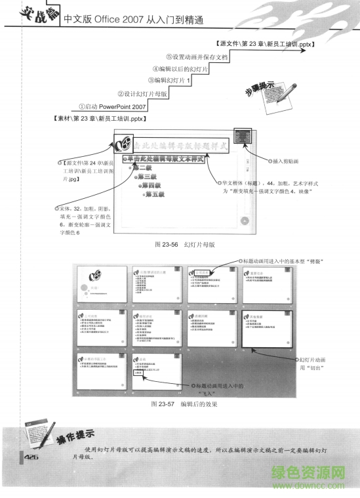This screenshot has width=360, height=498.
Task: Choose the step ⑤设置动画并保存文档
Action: [x=197, y=57]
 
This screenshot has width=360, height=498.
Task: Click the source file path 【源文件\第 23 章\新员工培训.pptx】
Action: [x=265, y=45]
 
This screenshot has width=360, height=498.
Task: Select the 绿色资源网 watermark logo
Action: [x=308, y=471]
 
